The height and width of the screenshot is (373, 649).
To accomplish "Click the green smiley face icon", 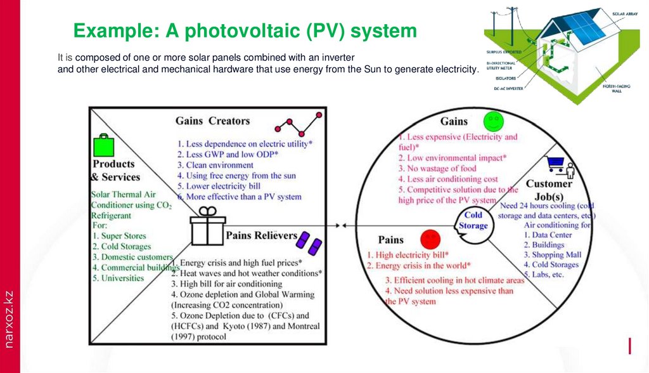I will click(492, 121).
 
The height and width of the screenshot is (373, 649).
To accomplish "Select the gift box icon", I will click(206, 228).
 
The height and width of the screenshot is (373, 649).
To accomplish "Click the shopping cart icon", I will click(555, 165).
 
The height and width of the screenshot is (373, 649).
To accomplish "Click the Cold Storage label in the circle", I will click(473, 220).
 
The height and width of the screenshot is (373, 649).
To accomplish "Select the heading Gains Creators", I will click(212, 121).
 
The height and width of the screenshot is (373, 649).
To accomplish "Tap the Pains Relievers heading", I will click(262, 236).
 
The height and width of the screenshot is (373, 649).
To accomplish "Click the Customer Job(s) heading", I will click(549, 190).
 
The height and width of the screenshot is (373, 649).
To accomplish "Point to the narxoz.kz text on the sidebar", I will click(8, 318).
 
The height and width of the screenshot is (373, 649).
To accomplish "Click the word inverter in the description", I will click(337, 57).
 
